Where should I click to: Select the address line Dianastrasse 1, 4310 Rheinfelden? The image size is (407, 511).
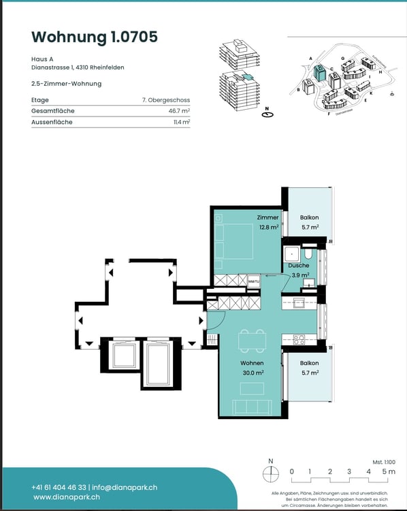[x=78, y=67]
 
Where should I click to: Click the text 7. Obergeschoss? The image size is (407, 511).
[x=165, y=100]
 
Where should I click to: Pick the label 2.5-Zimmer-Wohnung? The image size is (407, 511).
[x=66, y=84]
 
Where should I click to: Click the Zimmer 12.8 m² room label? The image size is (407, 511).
[x=267, y=222]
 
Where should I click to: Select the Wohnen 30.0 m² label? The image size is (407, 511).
[x=251, y=368]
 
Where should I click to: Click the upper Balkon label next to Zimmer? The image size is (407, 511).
[x=309, y=222]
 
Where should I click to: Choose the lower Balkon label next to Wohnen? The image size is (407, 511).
[x=309, y=368]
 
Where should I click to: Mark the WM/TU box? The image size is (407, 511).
[x=253, y=281]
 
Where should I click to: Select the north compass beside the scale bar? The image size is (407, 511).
[x=271, y=471]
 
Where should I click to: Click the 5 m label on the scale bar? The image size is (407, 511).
[x=388, y=471]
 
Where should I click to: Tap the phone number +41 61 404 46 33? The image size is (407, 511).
[x=59, y=487]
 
